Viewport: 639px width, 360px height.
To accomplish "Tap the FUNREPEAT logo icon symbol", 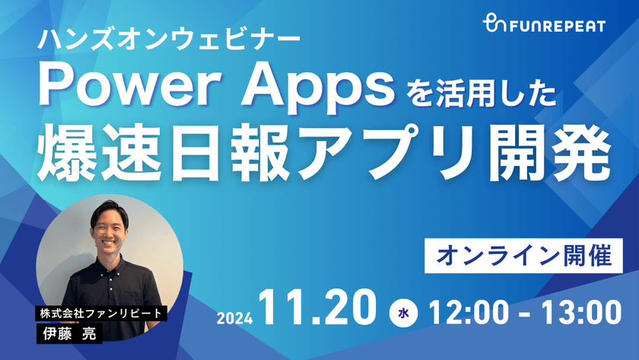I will click(x=495, y=26).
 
